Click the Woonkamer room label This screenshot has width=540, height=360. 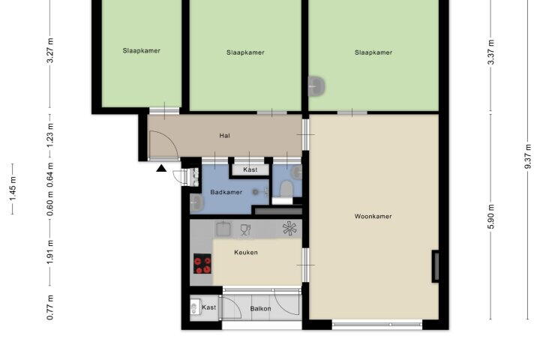click(373, 216)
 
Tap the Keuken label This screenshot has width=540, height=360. click(246, 252)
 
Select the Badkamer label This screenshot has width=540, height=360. click(226, 192)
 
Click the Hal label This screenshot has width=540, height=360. click(224, 136)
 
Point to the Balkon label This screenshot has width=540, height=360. click(260, 309)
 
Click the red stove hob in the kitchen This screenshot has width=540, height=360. click(202, 263)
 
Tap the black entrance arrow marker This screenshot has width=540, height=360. click(161, 168)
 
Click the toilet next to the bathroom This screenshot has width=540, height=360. click(286, 189)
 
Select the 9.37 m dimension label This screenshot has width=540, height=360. click(528, 157)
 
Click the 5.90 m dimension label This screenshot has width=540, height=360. click(491, 216)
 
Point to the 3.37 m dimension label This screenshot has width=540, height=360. click(491, 52)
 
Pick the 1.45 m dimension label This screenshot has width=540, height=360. click(13, 189)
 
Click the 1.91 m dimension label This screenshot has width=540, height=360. click(50, 253)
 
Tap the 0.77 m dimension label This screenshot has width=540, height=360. click(50, 307)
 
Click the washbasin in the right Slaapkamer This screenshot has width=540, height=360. click(316, 85)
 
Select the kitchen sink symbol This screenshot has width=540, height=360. click(223, 229)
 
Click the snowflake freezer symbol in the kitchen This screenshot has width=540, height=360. click(289, 228)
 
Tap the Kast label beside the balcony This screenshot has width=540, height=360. click(208, 307)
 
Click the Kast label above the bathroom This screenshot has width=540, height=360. click(250, 169)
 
